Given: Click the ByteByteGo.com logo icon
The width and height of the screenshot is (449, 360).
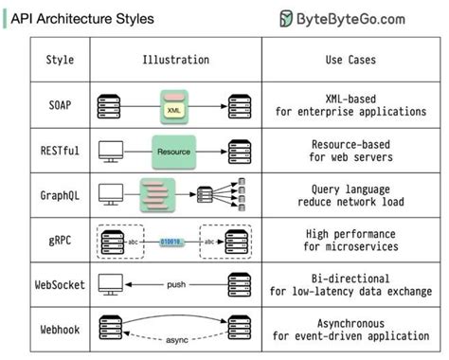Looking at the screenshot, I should (x=289, y=19).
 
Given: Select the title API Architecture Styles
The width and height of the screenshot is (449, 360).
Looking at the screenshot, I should (x=81, y=19).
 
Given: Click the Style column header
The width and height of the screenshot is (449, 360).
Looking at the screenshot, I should (x=60, y=61).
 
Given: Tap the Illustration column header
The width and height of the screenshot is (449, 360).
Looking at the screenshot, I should (x=176, y=61).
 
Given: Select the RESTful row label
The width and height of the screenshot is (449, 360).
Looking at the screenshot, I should (x=60, y=150).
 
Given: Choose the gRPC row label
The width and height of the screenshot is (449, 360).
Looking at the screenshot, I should (x=60, y=241).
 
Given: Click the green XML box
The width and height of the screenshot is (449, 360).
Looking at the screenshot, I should (x=172, y=108).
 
